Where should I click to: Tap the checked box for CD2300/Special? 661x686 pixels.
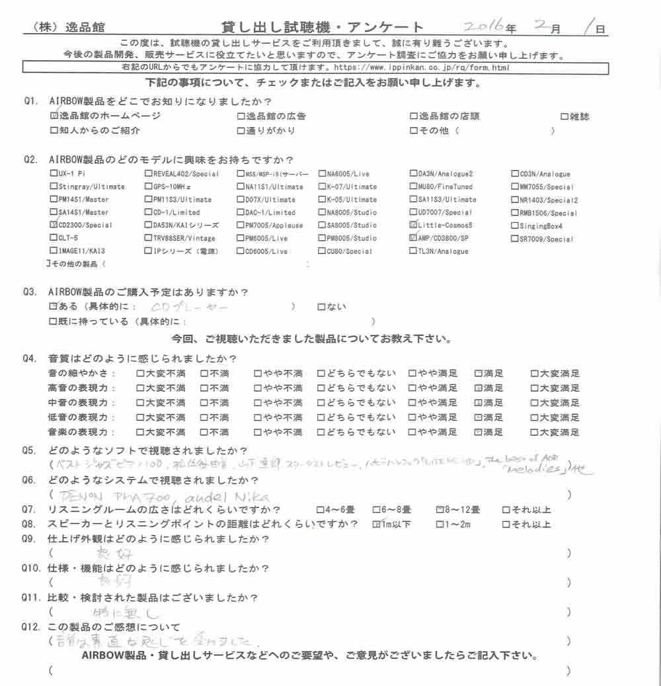point(54,225)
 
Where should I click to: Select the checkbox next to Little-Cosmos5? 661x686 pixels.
point(413,225)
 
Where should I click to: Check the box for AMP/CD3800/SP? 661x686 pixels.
point(413,237)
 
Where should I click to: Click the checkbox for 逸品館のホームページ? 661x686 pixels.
point(54,116)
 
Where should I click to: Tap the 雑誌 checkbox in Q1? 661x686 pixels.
point(564,116)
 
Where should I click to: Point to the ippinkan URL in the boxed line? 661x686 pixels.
point(422,68)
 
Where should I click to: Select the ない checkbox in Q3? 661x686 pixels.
point(321,307)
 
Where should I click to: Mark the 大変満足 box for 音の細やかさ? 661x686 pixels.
point(534,374)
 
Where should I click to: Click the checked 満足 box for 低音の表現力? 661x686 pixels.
point(479,417)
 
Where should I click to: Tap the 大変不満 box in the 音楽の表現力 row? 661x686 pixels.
point(139,432)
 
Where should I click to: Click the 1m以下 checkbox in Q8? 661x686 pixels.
point(377,525)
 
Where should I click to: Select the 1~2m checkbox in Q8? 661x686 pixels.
point(440,525)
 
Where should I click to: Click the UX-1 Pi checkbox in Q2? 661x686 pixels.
point(54,174)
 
